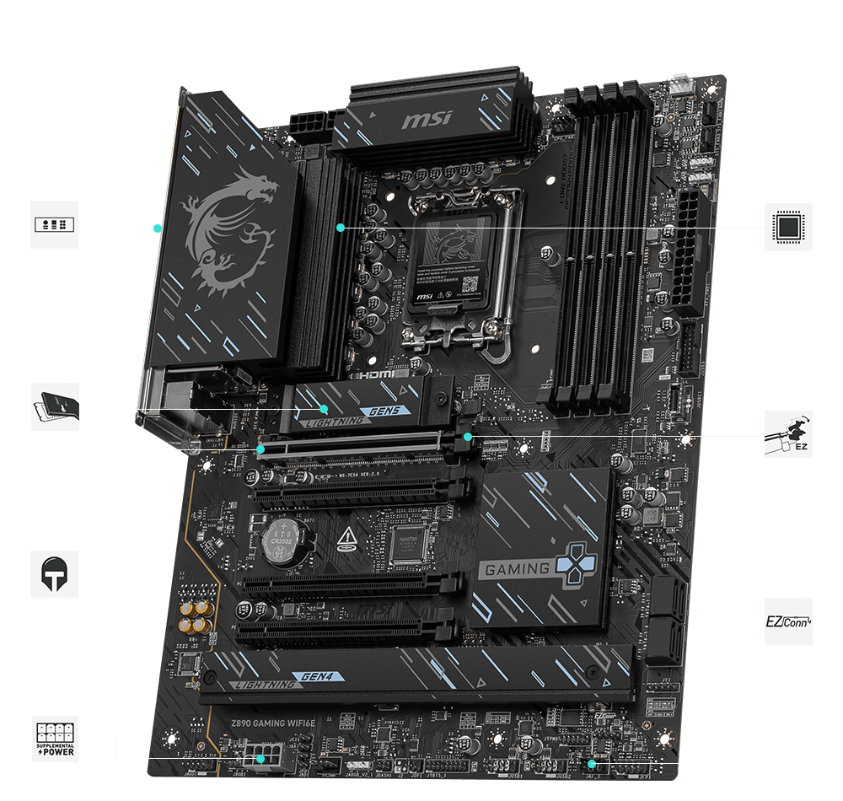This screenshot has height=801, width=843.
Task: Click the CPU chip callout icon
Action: click(x=789, y=227)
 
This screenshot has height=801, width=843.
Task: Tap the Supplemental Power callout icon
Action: click(x=55, y=739)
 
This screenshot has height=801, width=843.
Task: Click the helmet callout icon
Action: click(x=55, y=574)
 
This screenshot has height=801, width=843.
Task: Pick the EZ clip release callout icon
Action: click(x=788, y=434)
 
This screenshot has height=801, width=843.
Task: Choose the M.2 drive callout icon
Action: click(x=55, y=406)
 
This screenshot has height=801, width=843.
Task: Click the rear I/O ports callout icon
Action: click(x=55, y=224)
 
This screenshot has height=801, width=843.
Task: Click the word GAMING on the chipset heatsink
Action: click(x=517, y=569)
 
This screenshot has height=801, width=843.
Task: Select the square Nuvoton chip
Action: click(x=407, y=544)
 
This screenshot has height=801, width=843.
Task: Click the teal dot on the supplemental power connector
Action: click(x=261, y=758)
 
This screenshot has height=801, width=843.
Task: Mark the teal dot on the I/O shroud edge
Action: click(x=158, y=228)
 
